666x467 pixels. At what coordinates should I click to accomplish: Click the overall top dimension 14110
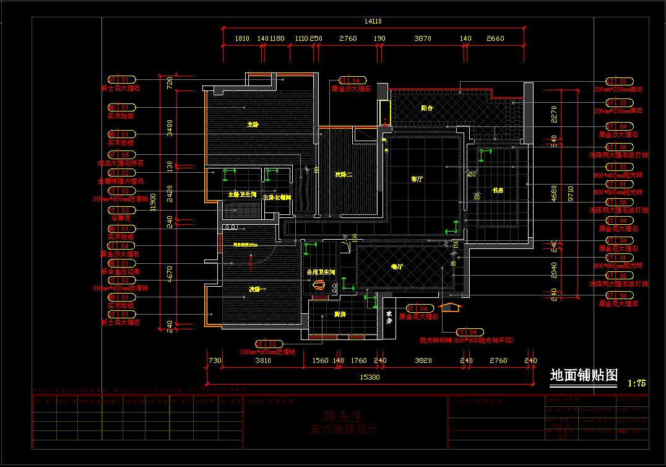tap(373, 21)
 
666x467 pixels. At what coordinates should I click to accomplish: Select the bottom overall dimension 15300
tap(370, 377)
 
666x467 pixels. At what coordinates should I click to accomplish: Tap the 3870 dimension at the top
tap(422, 38)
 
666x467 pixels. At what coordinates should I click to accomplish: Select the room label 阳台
tap(427, 108)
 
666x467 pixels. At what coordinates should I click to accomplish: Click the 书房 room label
tap(498, 190)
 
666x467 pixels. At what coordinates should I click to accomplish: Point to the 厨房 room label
tap(340, 315)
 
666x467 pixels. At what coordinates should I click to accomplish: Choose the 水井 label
tap(389, 317)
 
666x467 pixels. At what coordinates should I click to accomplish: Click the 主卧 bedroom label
tap(253, 124)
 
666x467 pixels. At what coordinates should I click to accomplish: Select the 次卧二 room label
tap(344, 175)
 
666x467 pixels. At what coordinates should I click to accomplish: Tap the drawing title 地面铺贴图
tap(584, 375)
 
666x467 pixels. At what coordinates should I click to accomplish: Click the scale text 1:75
tap(636, 383)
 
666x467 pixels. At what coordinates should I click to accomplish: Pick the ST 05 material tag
tap(121, 155)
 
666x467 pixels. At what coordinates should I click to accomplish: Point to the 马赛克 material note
tap(120, 218)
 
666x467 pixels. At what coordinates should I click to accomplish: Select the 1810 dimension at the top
tap(242, 38)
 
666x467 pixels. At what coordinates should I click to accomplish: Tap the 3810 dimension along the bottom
tap(263, 360)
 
